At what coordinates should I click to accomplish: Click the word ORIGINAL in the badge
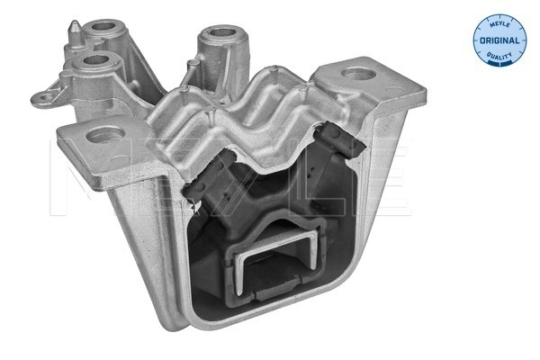tap(499, 40)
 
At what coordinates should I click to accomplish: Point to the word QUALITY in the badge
tap(499, 55)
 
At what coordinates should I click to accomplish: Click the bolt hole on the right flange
tap(358, 74)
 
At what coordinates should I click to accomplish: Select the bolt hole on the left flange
tap(105, 135)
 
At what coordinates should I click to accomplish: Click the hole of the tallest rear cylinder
tap(223, 32)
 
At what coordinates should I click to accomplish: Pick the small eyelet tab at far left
tap(44, 98)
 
